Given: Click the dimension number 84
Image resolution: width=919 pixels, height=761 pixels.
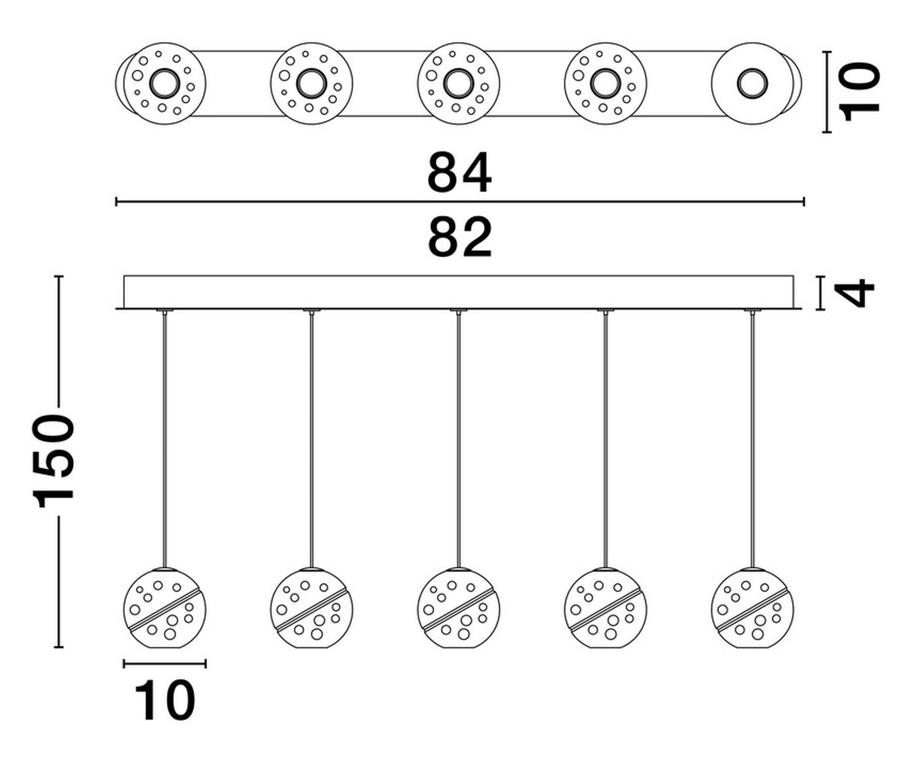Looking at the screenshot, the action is (459, 172).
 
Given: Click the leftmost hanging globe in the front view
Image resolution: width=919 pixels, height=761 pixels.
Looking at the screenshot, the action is (165, 608).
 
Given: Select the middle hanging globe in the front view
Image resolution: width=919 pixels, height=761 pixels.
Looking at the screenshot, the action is (459, 608).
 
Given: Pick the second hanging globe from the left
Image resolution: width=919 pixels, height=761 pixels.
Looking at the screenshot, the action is (312, 608).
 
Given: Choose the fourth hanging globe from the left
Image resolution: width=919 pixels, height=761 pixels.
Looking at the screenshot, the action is (606, 608).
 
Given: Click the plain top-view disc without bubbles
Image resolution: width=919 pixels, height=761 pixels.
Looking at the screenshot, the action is (753, 83).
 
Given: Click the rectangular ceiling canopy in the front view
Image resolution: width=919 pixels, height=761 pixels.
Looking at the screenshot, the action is (459, 292).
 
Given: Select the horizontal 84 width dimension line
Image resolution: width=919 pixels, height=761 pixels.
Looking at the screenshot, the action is (460, 202).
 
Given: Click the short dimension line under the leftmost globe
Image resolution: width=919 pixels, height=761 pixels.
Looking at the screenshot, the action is (165, 664).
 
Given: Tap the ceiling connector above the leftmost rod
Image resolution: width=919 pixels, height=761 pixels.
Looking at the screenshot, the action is (165, 311).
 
